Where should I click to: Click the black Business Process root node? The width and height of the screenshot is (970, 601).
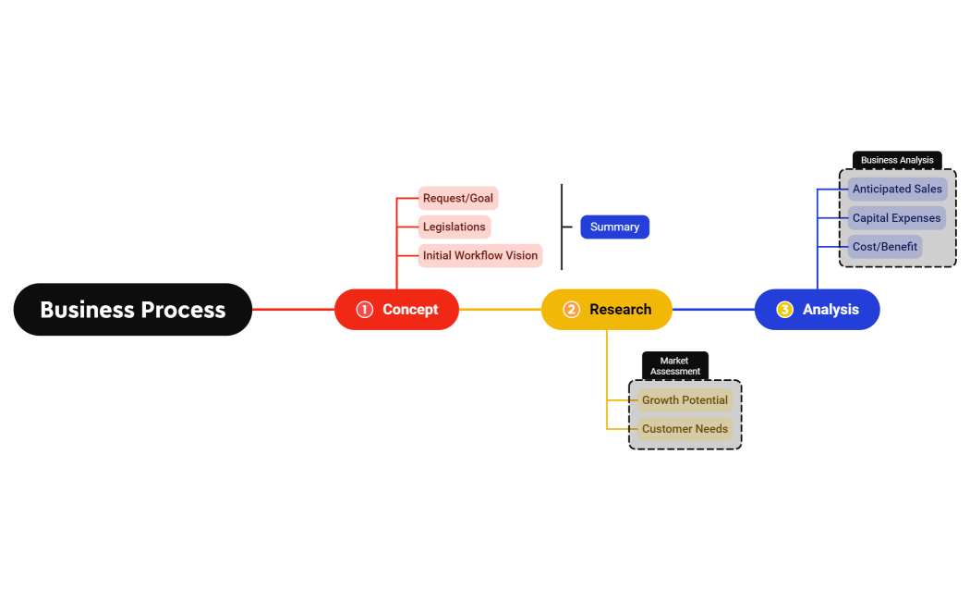tap(132, 310)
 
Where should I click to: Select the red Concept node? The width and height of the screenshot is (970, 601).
tap(396, 310)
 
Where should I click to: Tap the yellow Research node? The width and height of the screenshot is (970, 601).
tap(607, 310)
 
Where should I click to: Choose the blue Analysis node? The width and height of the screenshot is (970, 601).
tap(817, 310)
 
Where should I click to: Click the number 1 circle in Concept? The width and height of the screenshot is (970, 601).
tap(364, 310)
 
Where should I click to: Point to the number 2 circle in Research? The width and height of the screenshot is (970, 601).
tap(571, 310)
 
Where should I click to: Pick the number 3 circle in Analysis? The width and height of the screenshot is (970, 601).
tap(784, 310)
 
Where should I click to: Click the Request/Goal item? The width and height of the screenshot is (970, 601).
tap(458, 198)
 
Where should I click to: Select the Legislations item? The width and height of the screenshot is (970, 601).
tap(454, 227)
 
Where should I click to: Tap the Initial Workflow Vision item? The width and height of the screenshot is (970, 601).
tap(479, 255)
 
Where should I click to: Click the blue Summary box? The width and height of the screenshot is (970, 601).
tap(614, 227)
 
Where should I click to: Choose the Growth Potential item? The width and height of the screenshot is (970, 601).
tap(685, 400)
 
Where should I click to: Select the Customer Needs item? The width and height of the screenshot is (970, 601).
tap(685, 429)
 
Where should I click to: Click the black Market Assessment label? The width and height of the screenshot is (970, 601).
tap(674, 365)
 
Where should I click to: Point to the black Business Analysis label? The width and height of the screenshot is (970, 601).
tap(897, 160)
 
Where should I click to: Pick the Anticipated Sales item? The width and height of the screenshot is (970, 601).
tap(897, 190)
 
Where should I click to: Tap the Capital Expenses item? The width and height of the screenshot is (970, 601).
tap(896, 218)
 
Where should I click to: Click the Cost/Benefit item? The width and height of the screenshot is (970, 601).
tap(885, 247)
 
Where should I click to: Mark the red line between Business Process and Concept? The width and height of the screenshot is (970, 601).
tap(293, 310)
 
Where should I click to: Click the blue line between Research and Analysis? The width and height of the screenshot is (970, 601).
tap(713, 310)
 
